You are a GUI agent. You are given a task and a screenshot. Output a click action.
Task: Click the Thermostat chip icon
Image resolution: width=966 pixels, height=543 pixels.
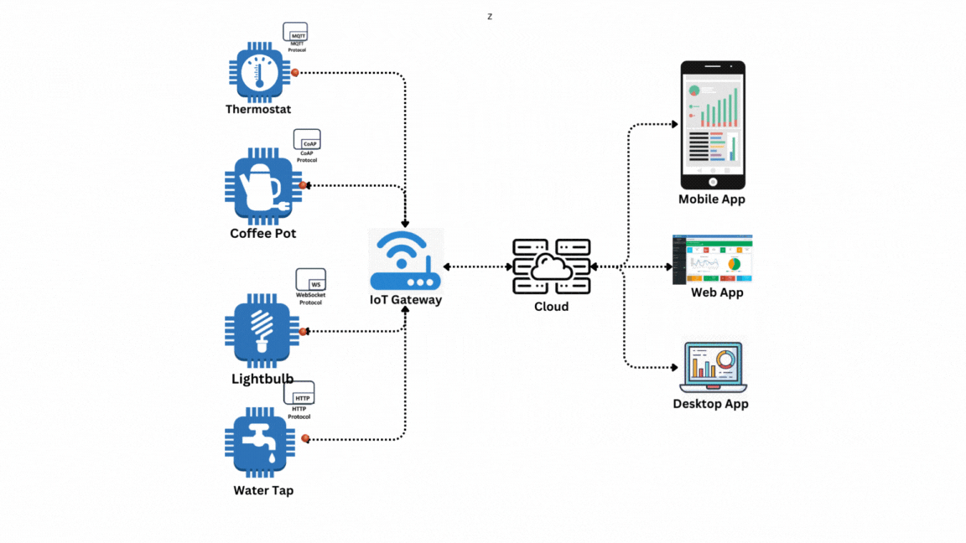(x=259, y=72)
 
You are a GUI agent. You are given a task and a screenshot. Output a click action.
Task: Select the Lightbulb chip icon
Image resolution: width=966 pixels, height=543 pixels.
(x=262, y=331)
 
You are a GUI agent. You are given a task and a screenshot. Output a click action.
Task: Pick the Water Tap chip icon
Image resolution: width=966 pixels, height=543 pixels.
(x=260, y=442)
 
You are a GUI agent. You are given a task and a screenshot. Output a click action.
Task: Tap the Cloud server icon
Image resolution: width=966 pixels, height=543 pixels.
(x=552, y=266)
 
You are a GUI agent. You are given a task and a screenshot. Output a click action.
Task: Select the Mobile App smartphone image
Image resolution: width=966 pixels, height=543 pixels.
(x=712, y=126)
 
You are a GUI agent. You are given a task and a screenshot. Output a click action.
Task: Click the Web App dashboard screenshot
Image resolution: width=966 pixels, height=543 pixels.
(x=712, y=259)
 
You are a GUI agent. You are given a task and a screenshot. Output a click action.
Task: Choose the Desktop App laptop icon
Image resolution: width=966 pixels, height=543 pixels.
(x=713, y=367)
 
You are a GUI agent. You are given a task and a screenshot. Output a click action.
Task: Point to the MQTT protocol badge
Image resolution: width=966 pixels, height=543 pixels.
(x=296, y=34)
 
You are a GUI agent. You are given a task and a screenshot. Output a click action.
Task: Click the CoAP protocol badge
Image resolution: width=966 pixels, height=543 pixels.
(x=307, y=140)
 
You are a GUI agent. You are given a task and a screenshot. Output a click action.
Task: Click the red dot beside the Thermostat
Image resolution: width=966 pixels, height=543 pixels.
(x=295, y=73)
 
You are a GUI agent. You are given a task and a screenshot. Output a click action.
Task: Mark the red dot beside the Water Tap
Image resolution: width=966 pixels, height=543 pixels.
(x=305, y=438)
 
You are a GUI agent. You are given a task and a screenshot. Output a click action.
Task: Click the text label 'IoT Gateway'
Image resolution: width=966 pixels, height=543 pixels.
(x=406, y=300)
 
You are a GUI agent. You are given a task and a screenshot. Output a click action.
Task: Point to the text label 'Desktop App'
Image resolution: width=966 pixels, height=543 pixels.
(x=710, y=404)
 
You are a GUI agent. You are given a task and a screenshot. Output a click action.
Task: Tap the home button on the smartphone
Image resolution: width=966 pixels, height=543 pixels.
(x=712, y=182)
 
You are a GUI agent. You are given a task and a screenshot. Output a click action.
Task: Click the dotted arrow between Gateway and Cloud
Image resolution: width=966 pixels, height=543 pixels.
(x=477, y=267)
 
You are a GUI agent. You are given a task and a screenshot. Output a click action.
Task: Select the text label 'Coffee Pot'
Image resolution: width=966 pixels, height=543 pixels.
(x=262, y=234)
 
